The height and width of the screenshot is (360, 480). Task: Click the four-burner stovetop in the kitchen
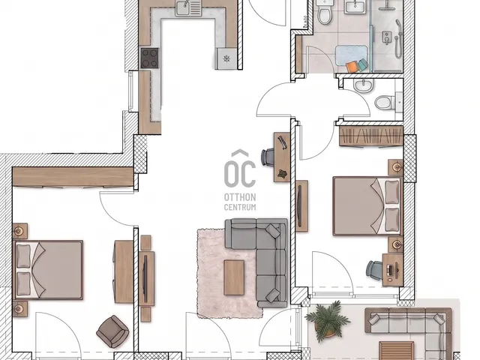150,58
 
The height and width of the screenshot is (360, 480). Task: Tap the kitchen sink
187,7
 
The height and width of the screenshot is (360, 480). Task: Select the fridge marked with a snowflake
226,58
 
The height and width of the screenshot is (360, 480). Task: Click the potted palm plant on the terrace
328,320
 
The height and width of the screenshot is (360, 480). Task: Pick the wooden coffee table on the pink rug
234,277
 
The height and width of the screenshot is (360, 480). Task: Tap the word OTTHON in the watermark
240,196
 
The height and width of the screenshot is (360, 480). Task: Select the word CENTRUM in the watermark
240,207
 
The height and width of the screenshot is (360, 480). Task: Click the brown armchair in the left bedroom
112,331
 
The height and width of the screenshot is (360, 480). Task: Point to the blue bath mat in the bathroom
352,55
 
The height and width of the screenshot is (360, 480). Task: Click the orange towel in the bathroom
352,67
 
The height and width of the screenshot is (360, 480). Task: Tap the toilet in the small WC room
384,103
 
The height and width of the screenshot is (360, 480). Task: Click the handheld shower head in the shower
397,39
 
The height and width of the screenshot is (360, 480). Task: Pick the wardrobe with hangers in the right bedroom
371,136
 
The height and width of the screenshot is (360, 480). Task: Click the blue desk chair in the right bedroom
374,270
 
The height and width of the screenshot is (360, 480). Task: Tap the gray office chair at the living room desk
268,157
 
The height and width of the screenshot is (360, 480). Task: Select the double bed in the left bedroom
49,269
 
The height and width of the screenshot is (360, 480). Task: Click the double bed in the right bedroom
367,206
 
